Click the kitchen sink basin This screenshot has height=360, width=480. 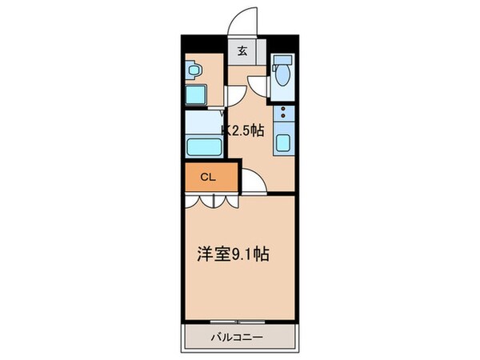point(283,145)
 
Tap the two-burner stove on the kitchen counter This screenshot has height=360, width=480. point(283,119)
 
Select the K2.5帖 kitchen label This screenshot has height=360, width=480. point(242,131)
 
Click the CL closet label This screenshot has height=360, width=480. point(206,177)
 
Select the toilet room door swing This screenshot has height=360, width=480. point(258,84)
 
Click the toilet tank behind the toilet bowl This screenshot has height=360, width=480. point(282,62)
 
